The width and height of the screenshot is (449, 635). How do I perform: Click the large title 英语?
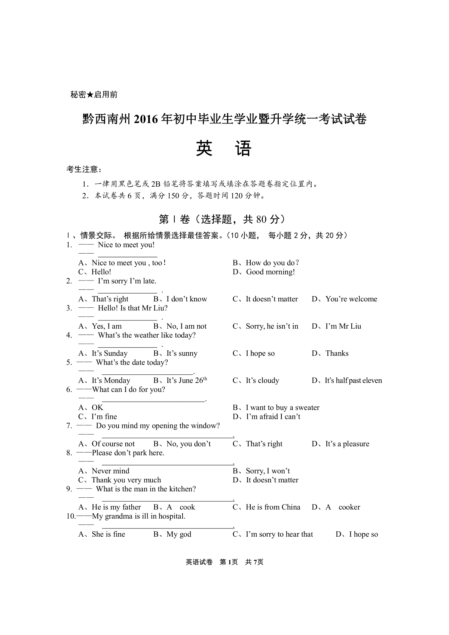coord(223,149)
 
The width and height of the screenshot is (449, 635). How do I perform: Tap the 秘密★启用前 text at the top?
coord(94,95)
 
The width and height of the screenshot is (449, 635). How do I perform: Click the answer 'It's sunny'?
coord(175,353)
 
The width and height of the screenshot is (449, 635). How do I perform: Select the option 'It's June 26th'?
coord(180,380)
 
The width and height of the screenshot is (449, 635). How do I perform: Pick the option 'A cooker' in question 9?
coord(336,507)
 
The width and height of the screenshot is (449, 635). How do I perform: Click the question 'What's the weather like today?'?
coord(147,335)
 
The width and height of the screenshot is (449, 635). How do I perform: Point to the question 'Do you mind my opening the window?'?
coord(158,426)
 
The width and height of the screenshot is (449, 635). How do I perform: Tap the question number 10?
coord(70,516)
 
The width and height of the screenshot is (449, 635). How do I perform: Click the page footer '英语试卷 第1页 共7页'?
coord(224,562)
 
